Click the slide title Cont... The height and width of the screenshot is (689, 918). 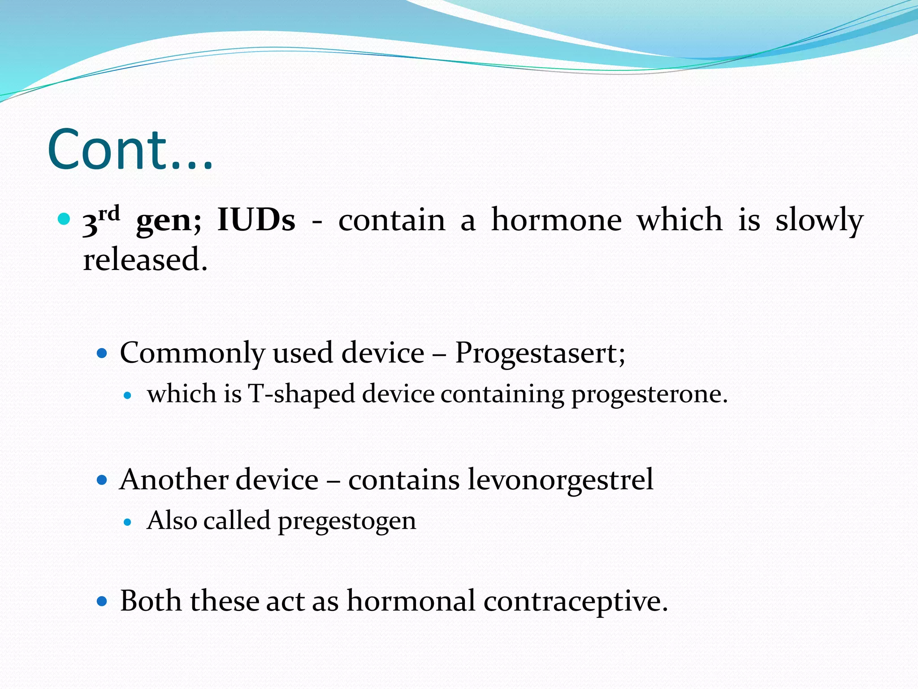(130, 150)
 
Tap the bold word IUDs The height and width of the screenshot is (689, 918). (256, 220)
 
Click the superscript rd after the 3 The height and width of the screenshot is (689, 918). (109, 214)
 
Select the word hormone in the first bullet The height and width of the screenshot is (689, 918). (556, 220)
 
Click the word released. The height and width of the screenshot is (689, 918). (145, 260)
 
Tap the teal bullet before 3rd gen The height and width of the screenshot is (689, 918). (64, 219)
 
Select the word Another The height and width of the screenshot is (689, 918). (174, 480)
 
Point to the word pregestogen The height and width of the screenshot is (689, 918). (347, 521)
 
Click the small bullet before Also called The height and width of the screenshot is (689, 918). (128, 522)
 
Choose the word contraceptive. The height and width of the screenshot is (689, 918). (576, 601)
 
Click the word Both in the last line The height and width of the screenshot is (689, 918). (151, 601)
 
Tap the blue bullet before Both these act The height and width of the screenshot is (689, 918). (102, 601)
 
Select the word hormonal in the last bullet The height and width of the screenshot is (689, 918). (411, 601)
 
